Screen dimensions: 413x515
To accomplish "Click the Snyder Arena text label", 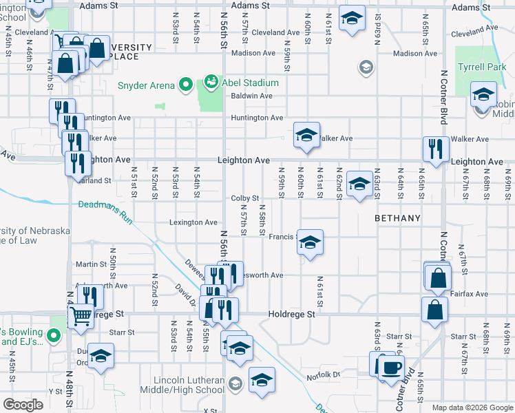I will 146,85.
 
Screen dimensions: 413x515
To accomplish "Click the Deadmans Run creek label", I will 105,204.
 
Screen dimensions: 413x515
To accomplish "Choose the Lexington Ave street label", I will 193,222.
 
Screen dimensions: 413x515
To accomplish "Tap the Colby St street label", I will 244,198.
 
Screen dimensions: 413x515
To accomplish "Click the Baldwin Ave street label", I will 252,96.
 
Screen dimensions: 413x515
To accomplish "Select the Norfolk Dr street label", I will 324,375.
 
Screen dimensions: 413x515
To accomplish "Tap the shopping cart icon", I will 81,317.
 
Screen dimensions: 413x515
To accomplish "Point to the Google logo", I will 23,405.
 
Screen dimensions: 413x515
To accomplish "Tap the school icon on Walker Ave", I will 306,135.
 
